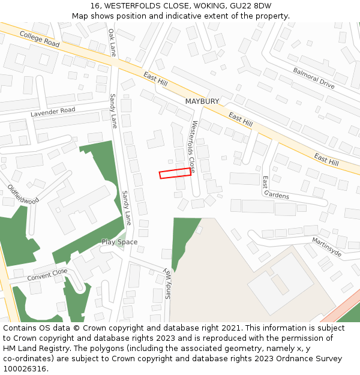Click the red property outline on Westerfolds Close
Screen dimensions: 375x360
click(175, 173)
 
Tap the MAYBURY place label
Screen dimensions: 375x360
click(202, 101)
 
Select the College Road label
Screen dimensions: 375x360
click(40, 40)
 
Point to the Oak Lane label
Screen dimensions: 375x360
click(112, 42)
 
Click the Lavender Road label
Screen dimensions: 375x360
click(53, 112)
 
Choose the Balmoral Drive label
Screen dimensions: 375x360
click(314, 78)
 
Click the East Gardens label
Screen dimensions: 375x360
click(275, 188)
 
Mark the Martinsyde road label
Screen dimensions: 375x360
click(327, 247)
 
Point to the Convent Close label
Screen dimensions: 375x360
click(47, 275)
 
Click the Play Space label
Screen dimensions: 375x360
click(119, 242)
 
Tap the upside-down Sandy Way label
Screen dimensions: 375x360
click(169, 283)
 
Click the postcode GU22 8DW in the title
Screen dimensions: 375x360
click(254, 6)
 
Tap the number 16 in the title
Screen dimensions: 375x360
click(95, 6)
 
